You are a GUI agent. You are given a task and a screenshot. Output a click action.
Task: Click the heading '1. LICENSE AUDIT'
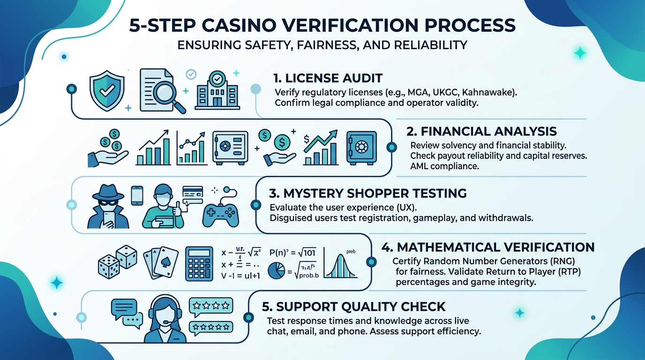coord(328,78)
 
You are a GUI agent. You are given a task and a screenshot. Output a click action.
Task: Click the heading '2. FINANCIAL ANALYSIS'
coord(483,131)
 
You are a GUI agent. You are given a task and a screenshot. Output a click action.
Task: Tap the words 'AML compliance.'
coord(444,165)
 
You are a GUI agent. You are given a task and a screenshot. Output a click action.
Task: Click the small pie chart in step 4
coord(277,271)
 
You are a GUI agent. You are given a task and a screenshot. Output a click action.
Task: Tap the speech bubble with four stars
coord(210,306)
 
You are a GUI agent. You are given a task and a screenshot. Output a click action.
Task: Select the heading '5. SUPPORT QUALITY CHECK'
coord(354,307)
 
